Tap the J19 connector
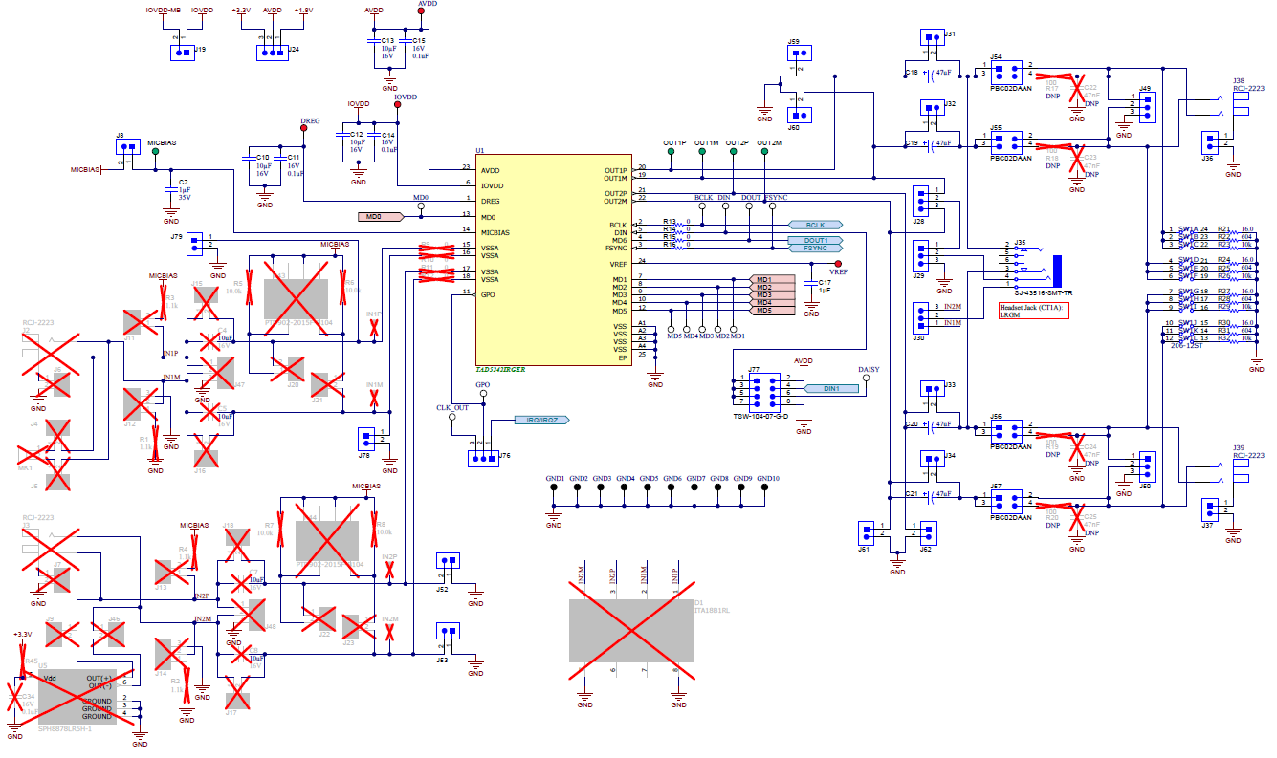pos(183,54)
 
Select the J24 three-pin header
pos(272,54)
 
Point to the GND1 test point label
pos(554,478)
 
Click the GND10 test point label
pos(768,478)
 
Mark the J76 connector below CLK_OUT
pos(482,459)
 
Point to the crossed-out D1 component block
pos(630,631)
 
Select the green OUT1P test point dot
pos(672,152)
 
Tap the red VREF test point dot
pos(839,263)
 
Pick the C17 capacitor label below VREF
pos(826,282)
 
